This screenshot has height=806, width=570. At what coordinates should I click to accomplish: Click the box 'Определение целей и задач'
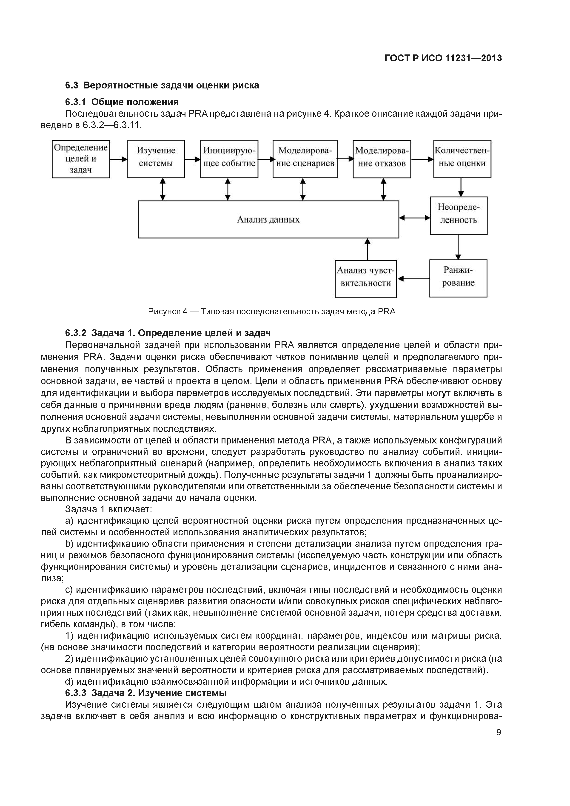[x=81, y=159]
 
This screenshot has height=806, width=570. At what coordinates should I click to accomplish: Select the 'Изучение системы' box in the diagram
[x=156, y=159]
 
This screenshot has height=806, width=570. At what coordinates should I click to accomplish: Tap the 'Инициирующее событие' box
[x=229, y=159]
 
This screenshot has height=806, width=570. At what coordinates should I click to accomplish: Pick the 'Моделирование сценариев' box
[x=305, y=159]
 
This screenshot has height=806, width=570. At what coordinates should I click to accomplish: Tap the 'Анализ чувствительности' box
[x=366, y=278]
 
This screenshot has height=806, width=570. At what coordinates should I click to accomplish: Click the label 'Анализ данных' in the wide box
[x=268, y=219]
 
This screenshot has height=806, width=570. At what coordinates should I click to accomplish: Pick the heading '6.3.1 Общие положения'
[x=122, y=102]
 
